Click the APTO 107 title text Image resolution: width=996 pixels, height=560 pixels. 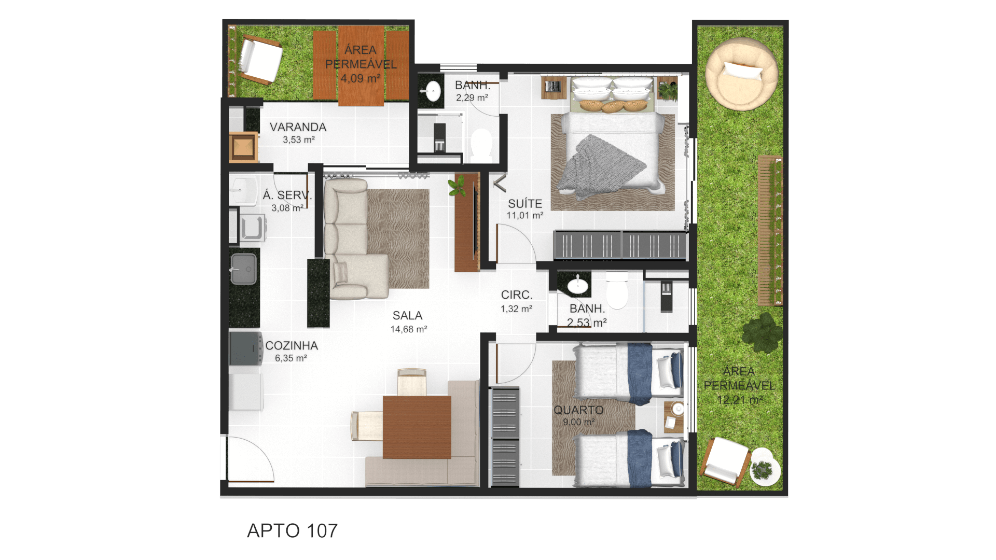292,530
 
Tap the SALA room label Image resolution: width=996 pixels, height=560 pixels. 407,315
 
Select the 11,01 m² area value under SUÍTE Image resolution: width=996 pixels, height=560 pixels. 525,216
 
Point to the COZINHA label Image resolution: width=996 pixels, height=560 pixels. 292,345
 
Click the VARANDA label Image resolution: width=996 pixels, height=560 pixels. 298,127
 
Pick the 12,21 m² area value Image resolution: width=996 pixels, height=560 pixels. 739,400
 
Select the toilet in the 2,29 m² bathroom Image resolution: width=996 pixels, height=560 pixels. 481,145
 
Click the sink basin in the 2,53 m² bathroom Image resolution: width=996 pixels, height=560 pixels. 577,285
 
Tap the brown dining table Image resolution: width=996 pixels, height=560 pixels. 417,427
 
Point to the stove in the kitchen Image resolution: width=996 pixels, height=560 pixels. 246,349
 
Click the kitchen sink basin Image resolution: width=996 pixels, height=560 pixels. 244,269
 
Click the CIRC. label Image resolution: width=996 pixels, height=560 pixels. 517,295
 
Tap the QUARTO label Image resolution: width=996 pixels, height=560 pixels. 578,410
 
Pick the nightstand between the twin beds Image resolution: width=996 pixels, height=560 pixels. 674,417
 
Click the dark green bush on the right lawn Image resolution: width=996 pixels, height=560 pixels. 762,333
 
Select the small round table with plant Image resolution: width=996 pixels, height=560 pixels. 765,467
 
